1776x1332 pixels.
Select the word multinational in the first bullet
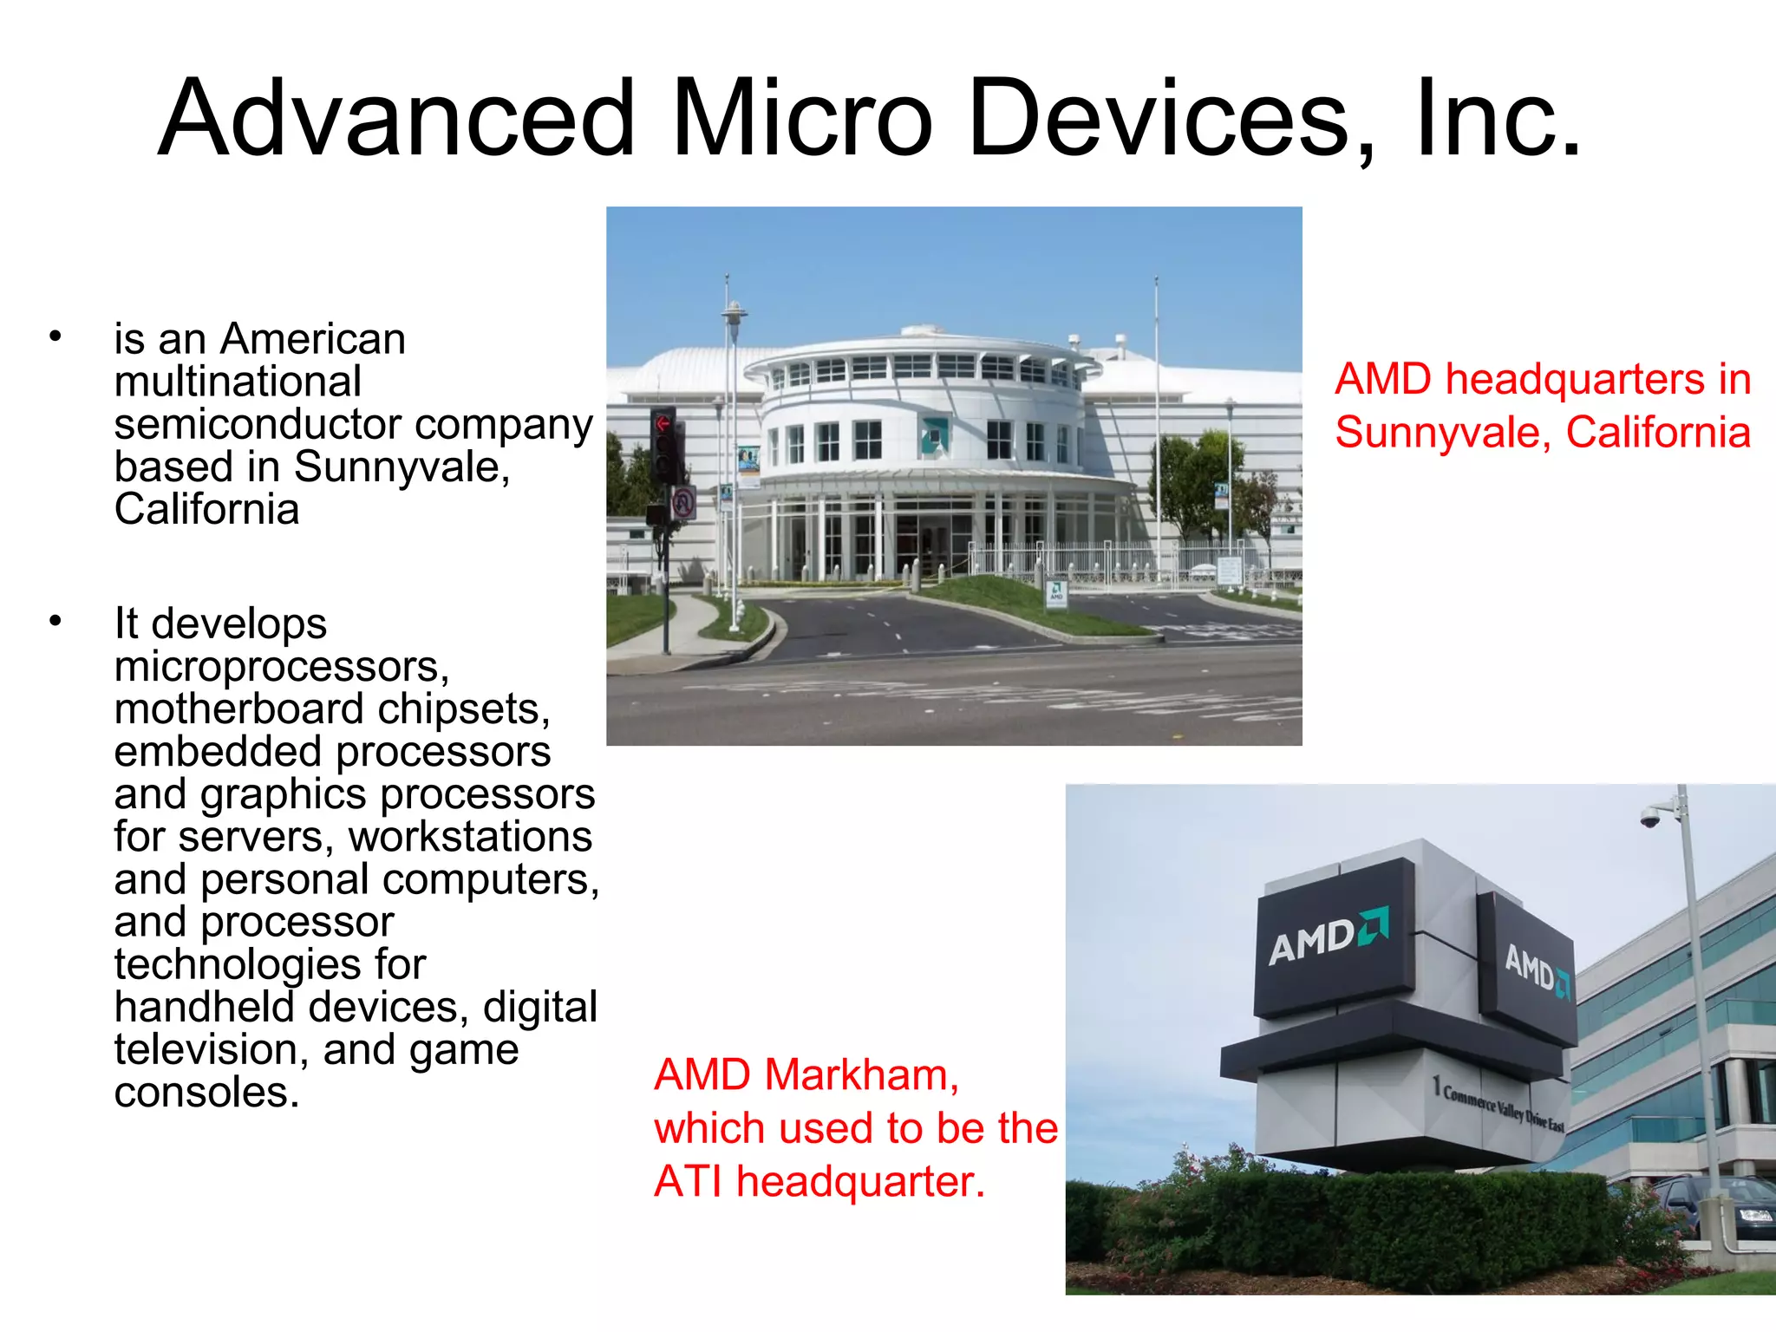coord(238,382)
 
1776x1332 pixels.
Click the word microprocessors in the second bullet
coord(281,666)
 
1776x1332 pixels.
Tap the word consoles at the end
coord(206,1092)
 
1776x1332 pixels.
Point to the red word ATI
coord(688,1181)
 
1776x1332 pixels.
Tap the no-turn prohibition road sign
coord(683,502)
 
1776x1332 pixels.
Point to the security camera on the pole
coord(1650,817)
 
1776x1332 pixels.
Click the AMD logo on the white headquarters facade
coord(934,433)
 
